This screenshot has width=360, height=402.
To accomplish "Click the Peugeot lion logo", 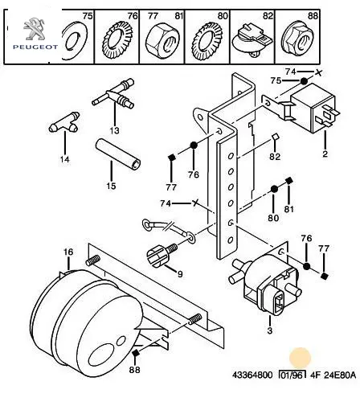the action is [34, 28].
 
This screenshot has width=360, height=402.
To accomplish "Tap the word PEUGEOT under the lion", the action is [35, 47].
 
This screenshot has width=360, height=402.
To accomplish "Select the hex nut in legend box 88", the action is [297, 41].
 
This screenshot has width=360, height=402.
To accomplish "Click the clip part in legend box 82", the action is [252, 41].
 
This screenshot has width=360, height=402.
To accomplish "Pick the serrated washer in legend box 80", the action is [207, 41].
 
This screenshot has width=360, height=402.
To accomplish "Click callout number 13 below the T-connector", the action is [114, 130].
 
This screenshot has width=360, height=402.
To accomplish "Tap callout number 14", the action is [64, 159].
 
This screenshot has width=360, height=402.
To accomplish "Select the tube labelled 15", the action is [118, 154].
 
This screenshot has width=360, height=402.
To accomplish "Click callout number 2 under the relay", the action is [325, 154].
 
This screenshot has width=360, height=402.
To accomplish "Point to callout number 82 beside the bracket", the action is [275, 156].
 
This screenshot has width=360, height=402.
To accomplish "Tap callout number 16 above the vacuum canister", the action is [68, 252].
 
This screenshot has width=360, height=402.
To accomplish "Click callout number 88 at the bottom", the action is [135, 370].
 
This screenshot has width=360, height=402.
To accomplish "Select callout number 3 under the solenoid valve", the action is [270, 330].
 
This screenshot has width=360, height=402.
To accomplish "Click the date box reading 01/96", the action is [292, 375].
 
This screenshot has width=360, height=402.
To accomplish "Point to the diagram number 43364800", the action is [252, 375].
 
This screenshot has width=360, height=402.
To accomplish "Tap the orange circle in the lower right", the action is [301, 358].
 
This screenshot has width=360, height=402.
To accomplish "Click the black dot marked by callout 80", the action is [274, 189].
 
